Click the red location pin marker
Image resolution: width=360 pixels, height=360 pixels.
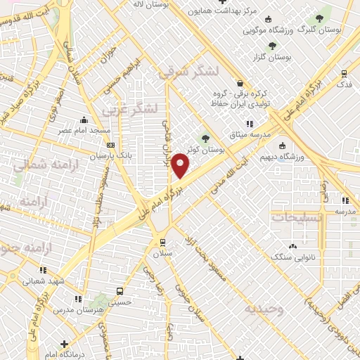coord(181,165)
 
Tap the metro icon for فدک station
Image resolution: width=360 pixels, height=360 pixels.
coord(344,72)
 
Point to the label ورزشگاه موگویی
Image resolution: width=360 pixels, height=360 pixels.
coord(267,31)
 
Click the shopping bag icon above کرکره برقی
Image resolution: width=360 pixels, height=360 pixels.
coord(240,82)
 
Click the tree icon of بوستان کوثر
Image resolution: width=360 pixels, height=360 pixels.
coord(205,139)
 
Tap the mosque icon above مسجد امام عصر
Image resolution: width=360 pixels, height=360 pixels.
coord(84,120)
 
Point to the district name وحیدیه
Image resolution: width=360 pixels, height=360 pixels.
coord(264,309)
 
